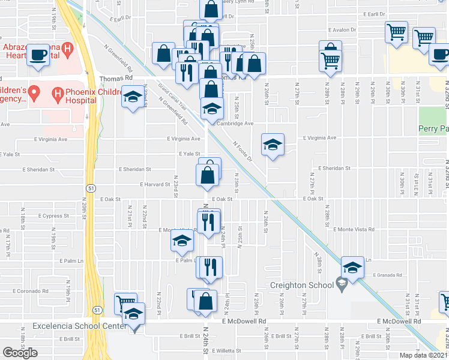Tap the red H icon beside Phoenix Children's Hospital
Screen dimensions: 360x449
click(58, 93)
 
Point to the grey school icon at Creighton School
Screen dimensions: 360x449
click(342, 283)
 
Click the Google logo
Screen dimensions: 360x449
click(20, 352)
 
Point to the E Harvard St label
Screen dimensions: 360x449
click(155, 185)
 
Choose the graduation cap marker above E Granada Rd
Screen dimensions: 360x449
click(352, 267)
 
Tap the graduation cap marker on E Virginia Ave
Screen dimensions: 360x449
click(273, 144)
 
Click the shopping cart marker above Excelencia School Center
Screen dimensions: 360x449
click(125, 302)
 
